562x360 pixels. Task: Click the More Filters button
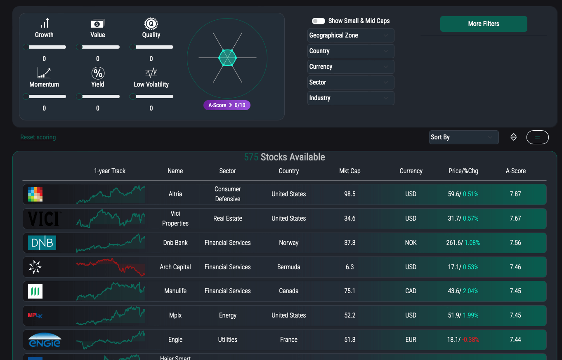click(x=483, y=24)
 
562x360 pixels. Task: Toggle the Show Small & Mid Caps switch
click(x=319, y=21)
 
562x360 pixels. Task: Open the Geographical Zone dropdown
click(x=351, y=35)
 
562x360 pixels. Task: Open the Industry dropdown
click(x=351, y=98)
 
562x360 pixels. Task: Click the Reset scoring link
click(x=38, y=137)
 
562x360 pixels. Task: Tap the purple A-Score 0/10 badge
click(x=227, y=105)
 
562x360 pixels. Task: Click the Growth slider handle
click(x=26, y=47)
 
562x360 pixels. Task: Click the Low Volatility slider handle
click(x=133, y=97)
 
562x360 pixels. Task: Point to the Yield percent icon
click(x=98, y=73)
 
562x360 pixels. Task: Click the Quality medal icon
click(x=151, y=24)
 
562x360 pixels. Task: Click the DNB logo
click(x=42, y=243)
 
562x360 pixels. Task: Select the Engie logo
click(x=45, y=340)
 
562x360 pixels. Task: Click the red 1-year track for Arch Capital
click(x=111, y=267)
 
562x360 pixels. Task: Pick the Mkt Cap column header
click(x=349, y=171)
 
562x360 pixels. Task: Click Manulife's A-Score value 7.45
click(x=515, y=291)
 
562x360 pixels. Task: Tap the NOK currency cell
click(x=411, y=243)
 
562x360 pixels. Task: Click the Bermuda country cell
click(x=288, y=267)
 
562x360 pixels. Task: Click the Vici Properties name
click(x=175, y=219)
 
